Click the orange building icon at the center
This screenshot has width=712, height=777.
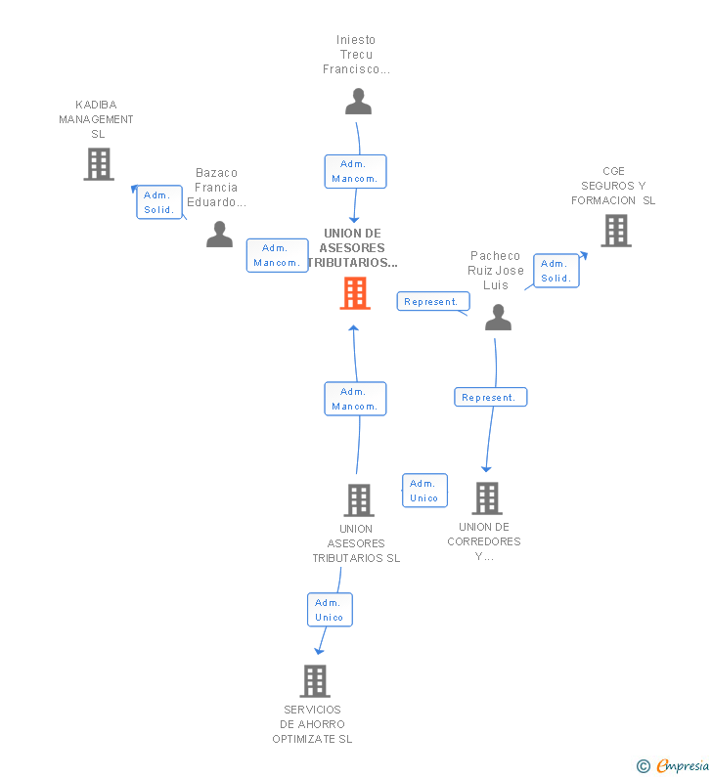[355, 293]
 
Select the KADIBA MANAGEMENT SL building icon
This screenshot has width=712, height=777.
[99, 164]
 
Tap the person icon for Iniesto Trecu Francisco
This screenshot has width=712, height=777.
[359, 102]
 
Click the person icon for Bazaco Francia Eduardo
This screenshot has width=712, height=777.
[219, 235]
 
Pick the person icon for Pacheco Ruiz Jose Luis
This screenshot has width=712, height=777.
[499, 317]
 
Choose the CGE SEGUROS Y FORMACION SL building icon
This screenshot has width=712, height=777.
[616, 231]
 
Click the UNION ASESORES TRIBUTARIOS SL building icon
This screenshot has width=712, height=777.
[359, 499]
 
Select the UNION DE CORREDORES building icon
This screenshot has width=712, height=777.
[486, 497]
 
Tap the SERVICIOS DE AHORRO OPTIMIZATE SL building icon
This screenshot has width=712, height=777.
[315, 680]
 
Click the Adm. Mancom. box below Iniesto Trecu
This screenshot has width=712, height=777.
[355, 171]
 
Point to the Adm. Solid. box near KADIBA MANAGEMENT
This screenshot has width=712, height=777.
[159, 202]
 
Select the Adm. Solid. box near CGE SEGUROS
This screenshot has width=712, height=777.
[556, 271]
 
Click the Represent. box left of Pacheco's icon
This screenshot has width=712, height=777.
[431, 302]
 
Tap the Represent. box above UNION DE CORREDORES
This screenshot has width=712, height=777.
[490, 397]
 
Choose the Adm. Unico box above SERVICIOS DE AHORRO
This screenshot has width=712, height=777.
[330, 610]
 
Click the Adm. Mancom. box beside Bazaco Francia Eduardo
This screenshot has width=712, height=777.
[277, 255]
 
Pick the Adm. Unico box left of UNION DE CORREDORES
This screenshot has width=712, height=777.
[424, 491]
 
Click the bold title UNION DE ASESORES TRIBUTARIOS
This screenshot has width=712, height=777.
[353, 248]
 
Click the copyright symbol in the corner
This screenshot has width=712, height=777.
[644, 767]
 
